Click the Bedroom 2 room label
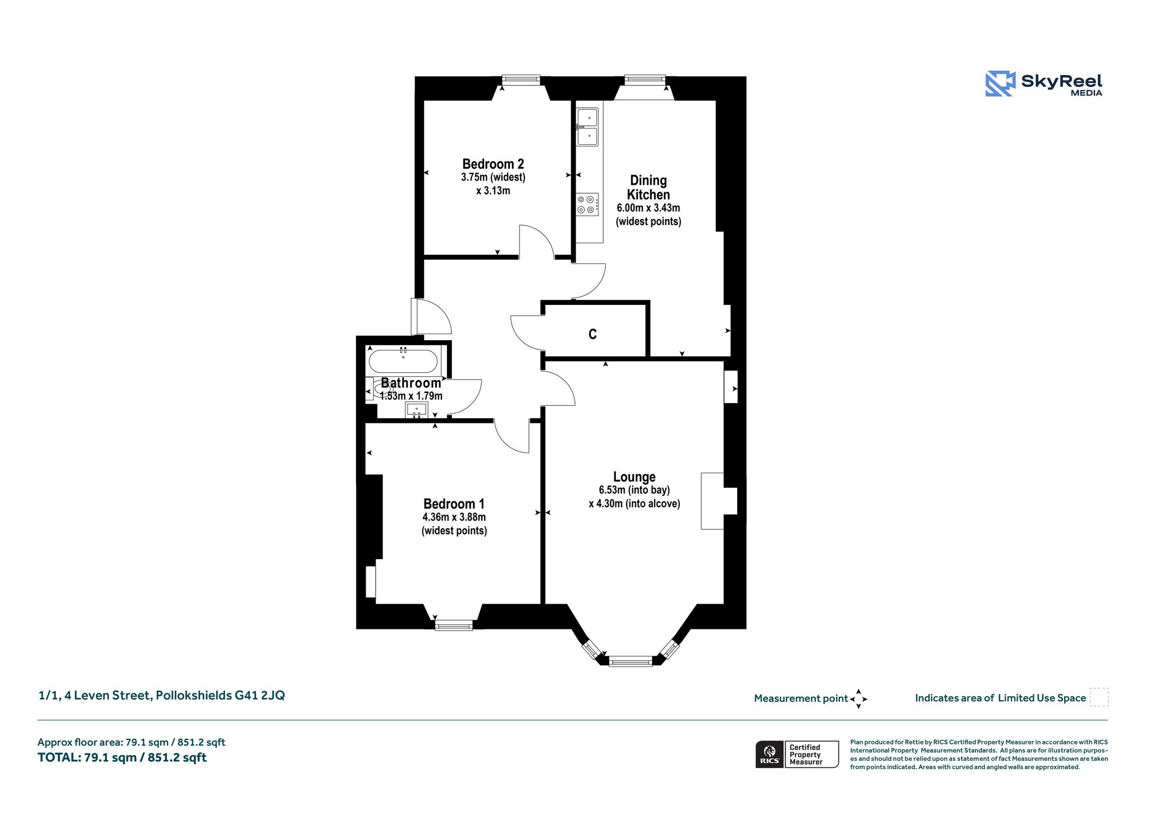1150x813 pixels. click(x=493, y=164)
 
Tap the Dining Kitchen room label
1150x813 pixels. click(x=649, y=188)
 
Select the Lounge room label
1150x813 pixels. click(x=635, y=477)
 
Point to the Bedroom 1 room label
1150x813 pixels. click(x=454, y=504)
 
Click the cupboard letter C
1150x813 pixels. click(x=592, y=335)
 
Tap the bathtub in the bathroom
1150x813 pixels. click(x=403, y=362)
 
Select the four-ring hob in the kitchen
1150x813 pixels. click(x=587, y=204)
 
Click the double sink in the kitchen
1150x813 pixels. click(x=587, y=127)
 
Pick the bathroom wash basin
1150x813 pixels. click(x=417, y=410)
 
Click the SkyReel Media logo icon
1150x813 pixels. click(x=1001, y=84)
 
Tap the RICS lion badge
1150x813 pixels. click(x=770, y=755)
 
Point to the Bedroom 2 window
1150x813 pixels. click(x=521, y=80)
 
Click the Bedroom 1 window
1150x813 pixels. click(x=454, y=625)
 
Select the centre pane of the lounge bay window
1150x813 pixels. click(x=631, y=661)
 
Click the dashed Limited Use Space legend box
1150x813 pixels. click(x=1099, y=697)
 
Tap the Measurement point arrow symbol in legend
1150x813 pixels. click(x=859, y=699)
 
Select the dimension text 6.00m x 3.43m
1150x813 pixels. click(x=649, y=208)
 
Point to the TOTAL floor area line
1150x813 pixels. click(x=122, y=757)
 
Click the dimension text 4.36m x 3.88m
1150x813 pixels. click(x=454, y=517)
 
